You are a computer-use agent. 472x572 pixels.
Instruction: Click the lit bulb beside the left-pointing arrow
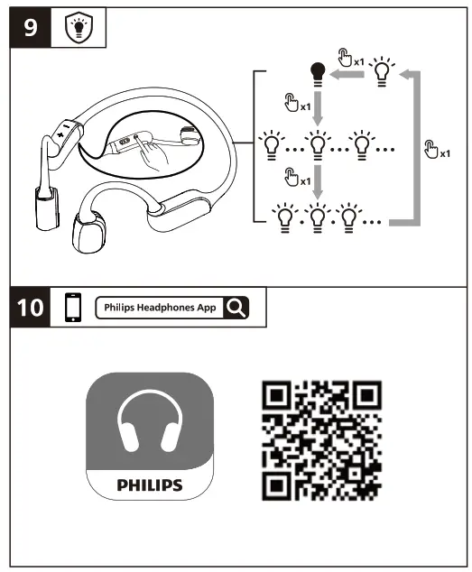[x=384, y=70]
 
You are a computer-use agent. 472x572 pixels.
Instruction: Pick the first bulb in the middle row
[x=269, y=144]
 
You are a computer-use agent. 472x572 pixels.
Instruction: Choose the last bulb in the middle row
[x=361, y=144]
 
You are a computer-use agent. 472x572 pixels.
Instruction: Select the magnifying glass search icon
[x=236, y=308]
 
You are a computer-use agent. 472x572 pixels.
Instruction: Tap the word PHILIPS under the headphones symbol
[x=150, y=484]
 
